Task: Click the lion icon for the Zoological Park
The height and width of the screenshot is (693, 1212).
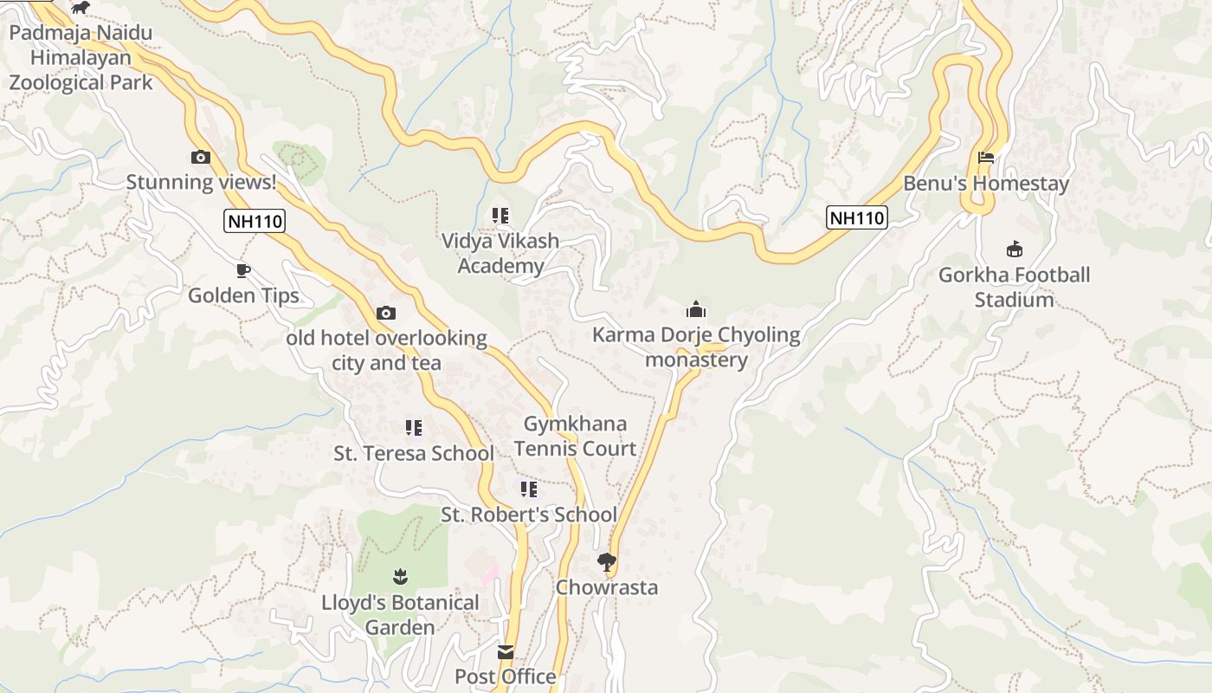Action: [x=81, y=8]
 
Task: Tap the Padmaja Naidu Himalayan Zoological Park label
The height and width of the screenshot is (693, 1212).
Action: [x=81, y=58]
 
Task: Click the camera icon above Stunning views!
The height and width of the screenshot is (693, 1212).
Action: [x=200, y=157]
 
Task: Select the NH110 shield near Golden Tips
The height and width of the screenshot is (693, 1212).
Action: [x=255, y=221]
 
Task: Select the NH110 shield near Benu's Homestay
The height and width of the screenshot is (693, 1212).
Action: [x=857, y=217]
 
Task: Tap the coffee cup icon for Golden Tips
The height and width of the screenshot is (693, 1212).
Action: [x=243, y=270]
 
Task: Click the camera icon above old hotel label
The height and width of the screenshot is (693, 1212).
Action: [x=386, y=313]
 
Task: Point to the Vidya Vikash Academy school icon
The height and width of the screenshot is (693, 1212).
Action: [x=500, y=215]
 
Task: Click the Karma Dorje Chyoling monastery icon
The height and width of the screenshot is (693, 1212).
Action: [x=696, y=309]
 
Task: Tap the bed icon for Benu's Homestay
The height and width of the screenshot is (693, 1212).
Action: [x=985, y=158]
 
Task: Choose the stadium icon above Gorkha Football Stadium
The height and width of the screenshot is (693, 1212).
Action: [x=1015, y=249]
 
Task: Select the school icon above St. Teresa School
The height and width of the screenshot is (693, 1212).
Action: [x=414, y=427]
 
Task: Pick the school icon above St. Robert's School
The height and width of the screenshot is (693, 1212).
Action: [x=528, y=489]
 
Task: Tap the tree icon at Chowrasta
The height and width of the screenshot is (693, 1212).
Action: [x=607, y=562]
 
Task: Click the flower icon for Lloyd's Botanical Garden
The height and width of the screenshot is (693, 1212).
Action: [x=399, y=576]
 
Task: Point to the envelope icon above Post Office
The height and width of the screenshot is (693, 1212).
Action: [x=506, y=651]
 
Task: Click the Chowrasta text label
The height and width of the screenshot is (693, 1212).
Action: [x=607, y=587]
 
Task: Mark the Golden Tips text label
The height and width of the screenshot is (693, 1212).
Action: [x=243, y=295]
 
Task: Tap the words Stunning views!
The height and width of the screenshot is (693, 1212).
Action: [x=201, y=182]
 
